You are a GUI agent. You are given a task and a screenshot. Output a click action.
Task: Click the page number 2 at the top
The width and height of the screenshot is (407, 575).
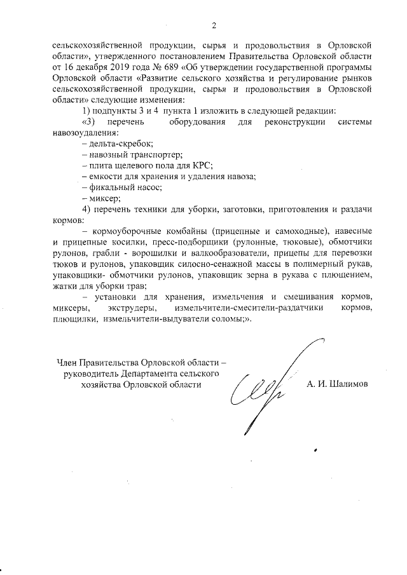pos(214,25)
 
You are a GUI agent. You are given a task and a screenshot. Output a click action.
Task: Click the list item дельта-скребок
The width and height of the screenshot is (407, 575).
pos(108,144)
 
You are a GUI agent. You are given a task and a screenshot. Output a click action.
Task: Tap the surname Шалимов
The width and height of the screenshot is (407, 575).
pos(347,384)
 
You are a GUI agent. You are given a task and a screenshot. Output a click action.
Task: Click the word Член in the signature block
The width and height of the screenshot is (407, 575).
pos(67,362)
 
